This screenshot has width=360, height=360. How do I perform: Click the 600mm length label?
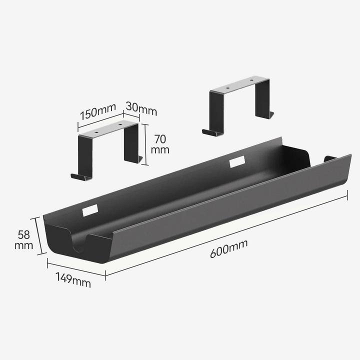point(229,248)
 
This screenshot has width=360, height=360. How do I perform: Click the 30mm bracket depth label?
point(141,106)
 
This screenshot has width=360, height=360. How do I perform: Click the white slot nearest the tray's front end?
point(90,210)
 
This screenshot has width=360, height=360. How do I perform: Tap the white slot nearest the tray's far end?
point(237,161)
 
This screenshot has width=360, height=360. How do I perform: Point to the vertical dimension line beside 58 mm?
point(37,236)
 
